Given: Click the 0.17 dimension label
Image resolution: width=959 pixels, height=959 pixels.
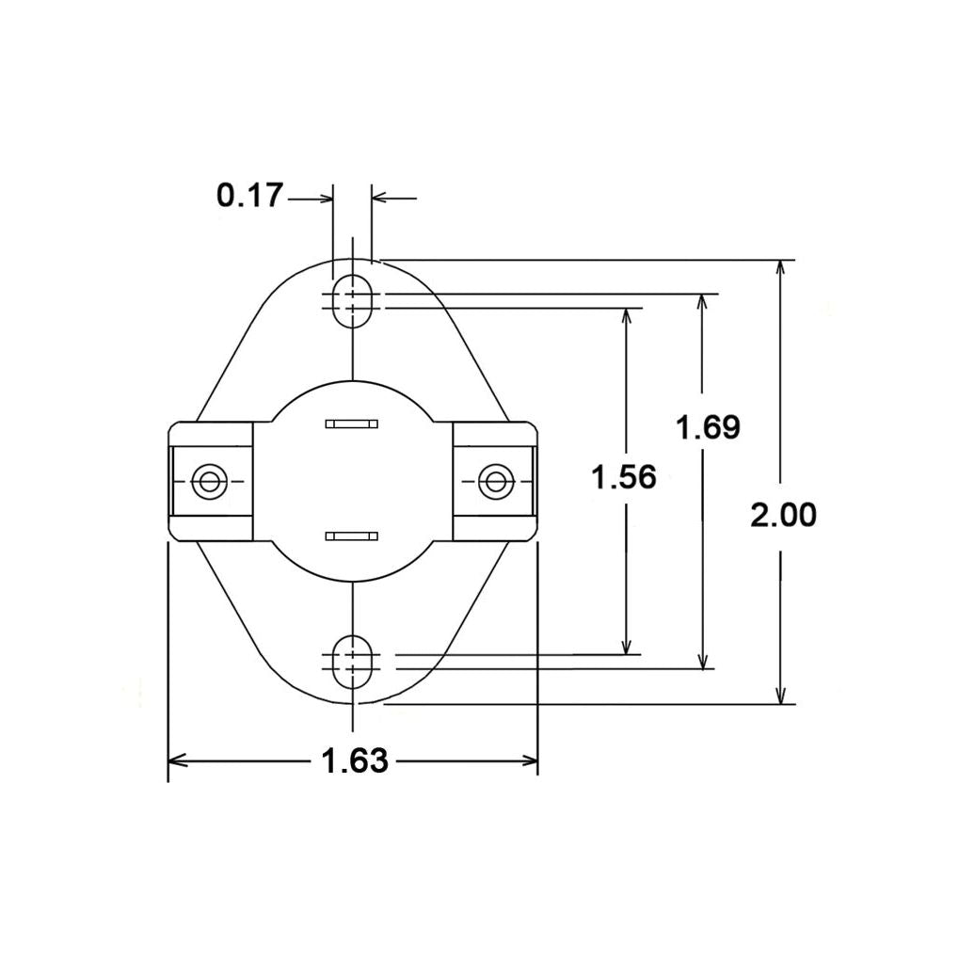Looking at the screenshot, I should point(249,196).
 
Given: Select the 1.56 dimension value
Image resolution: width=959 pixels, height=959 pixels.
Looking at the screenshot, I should point(623,477).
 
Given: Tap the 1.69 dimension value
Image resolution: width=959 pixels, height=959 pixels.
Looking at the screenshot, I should point(708,427).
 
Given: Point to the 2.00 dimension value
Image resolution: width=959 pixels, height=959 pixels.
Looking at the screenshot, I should point(783,515).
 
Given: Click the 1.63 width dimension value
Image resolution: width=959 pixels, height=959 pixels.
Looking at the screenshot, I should point(354,760).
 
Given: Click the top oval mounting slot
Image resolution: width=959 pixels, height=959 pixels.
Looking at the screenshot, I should point(352,300).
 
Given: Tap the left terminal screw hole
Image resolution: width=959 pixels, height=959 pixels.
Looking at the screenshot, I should point(208,482).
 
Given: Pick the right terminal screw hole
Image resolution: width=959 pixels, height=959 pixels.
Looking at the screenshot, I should point(493,482).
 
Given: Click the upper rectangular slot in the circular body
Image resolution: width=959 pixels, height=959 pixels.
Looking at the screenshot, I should point(351,424).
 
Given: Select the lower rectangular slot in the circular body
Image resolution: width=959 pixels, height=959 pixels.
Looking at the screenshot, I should point(351,536).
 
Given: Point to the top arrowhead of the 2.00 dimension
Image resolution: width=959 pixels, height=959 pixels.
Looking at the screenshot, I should point(780,269).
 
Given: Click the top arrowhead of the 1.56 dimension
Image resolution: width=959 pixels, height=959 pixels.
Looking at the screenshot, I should point(625,317).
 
